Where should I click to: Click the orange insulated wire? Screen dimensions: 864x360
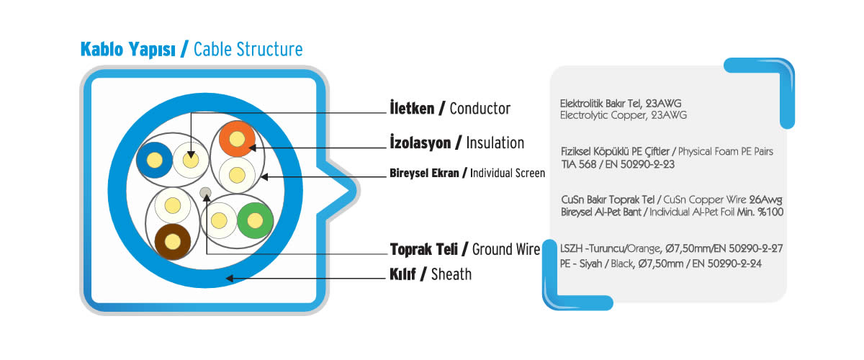237,138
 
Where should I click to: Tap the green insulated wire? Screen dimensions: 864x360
255,221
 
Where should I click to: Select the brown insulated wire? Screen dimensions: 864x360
172,242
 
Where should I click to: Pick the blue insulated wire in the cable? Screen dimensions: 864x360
154,160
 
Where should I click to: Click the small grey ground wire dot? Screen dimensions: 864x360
206,192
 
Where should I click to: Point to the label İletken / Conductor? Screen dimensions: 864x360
450,109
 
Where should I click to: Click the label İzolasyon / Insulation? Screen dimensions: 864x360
456,143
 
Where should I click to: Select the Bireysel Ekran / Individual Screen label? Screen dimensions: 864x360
467,174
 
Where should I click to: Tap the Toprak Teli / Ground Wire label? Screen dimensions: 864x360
465,249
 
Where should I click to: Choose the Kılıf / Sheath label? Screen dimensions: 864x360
431,274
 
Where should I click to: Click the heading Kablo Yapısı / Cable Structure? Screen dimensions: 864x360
192,50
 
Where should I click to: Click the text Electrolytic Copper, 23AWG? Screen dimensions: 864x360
624,115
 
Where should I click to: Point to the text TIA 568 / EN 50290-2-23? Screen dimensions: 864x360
618,164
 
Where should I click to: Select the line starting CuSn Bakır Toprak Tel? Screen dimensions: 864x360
672,200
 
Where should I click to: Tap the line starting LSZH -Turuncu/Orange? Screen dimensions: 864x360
672,248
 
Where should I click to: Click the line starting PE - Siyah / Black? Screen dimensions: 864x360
661,264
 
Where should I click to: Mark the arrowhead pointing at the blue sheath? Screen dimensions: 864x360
230,278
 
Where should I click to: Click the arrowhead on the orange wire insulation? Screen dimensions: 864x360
252,148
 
